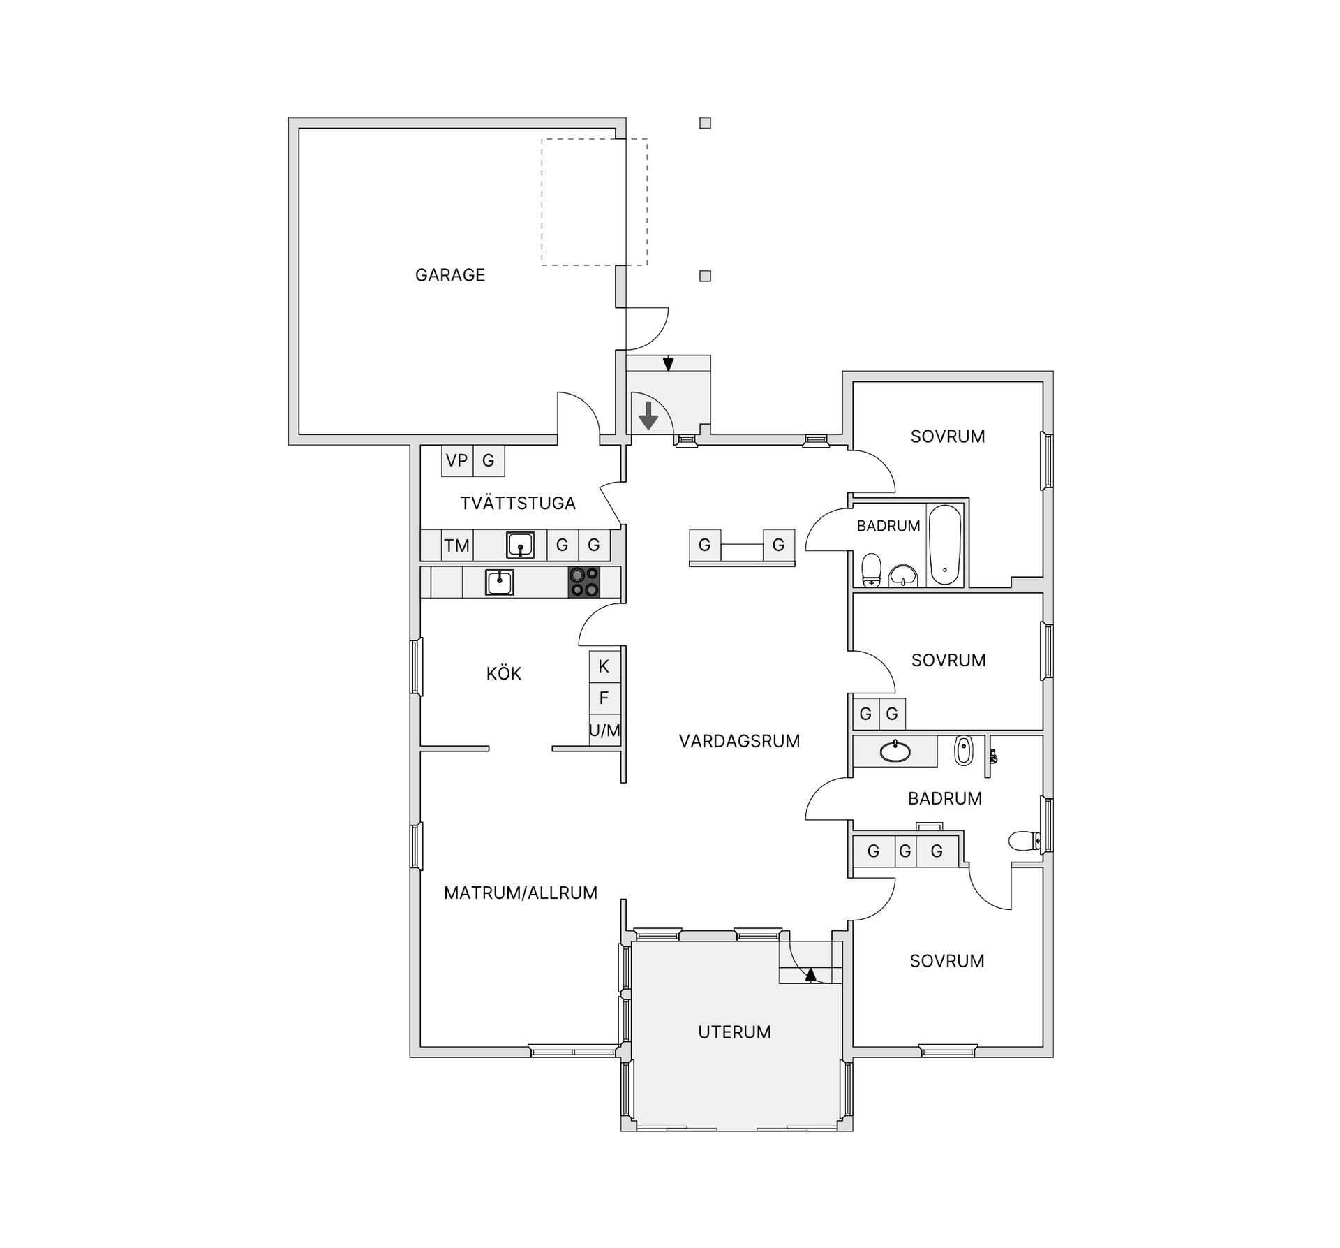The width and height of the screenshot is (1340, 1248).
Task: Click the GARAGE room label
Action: [x=449, y=275]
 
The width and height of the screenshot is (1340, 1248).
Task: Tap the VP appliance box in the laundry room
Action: [x=456, y=461]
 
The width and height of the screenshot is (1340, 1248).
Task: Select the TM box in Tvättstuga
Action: [x=457, y=545]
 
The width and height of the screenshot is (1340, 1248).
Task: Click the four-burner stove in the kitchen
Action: [x=583, y=582]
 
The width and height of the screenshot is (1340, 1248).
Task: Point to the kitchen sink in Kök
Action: [x=499, y=582]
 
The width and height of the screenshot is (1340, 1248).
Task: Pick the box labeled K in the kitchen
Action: [x=604, y=666]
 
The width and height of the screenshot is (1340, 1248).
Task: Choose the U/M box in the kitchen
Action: [x=604, y=731]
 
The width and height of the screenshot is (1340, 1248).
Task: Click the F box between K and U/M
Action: [x=604, y=698]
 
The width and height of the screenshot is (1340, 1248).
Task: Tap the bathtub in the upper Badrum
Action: [x=945, y=545]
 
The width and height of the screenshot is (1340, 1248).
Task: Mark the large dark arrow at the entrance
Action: [x=648, y=416]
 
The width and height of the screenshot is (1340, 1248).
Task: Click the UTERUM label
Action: [x=734, y=1032]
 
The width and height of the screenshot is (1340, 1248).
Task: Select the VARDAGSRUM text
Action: [x=739, y=741]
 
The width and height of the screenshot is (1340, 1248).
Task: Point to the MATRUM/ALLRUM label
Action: [x=521, y=893]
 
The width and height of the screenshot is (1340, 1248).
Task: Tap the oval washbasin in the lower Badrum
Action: [x=895, y=752]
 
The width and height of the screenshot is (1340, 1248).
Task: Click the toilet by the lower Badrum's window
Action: [x=1025, y=841]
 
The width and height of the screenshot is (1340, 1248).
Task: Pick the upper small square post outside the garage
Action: [x=705, y=124]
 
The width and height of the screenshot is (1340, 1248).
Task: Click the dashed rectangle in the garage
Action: [x=594, y=202]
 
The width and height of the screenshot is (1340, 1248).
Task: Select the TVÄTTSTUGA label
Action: [x=518, y=503]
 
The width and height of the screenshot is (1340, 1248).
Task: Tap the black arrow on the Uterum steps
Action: [x=810, y=975]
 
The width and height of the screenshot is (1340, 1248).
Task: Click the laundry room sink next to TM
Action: [x=520, y=545]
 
